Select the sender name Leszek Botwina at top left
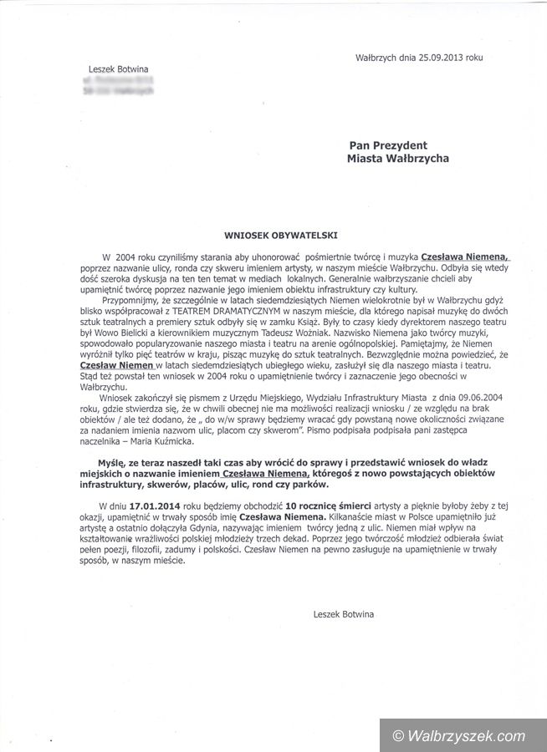pos(116,69)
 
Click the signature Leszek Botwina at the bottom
pos(344,614)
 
